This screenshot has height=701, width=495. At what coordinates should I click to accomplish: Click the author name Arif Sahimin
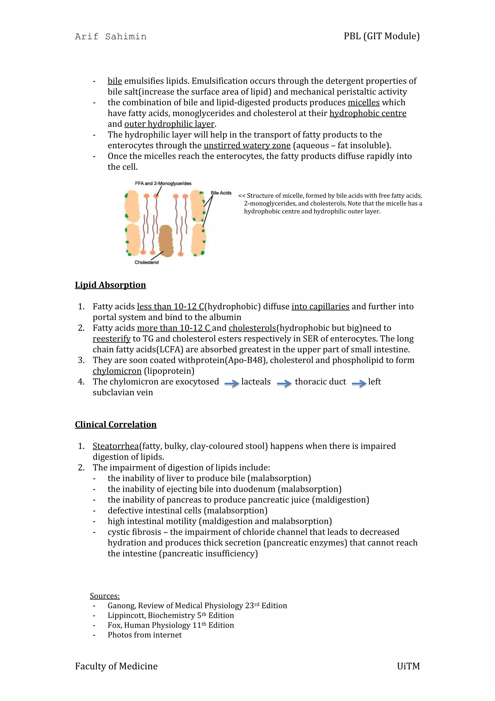tap(110, 37)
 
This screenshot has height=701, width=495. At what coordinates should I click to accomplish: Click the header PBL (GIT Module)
tap(382, 36)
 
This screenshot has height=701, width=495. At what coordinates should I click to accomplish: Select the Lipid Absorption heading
tap(110, 285)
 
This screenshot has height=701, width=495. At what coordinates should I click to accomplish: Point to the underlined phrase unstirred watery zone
tap(247, 145)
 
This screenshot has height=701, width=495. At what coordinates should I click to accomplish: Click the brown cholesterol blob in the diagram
tap(166, 241)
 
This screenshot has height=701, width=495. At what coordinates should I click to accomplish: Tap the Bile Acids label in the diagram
tap(221, 193)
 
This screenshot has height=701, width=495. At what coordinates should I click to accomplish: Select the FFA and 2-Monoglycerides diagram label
tap(163, 184)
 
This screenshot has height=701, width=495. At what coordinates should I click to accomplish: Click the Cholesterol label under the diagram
tap(147, 262)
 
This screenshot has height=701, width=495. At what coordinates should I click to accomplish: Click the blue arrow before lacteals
tap(232, 383)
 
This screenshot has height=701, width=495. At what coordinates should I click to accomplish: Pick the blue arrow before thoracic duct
tap(284, 383)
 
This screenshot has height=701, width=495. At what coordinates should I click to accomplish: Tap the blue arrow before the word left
tap(359, 383)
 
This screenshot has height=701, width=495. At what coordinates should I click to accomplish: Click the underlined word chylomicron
tap(117, 371)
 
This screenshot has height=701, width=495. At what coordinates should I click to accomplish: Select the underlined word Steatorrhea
tap(116, 446)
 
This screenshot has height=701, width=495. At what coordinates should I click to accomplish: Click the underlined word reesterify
tap(112, 339)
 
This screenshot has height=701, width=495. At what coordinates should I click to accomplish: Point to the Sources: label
tap(105, 596)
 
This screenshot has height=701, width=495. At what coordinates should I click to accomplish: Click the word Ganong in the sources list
tap(122, 605)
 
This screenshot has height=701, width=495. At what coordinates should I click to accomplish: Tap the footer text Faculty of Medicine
tap(116, 666)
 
